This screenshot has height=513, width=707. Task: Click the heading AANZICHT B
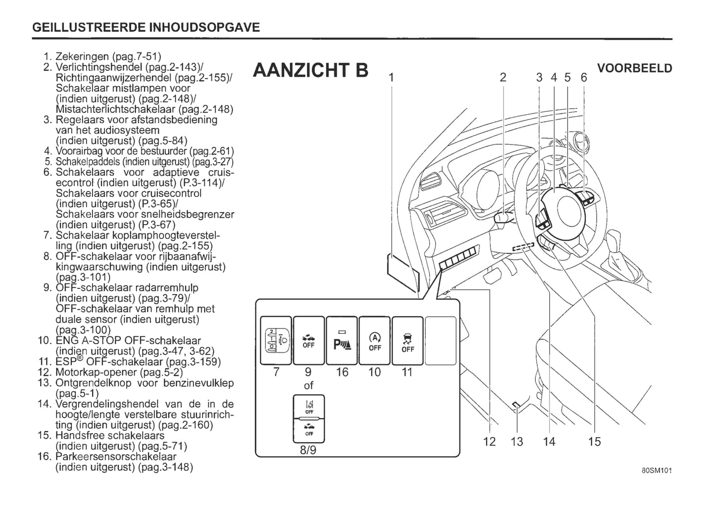[311, 70]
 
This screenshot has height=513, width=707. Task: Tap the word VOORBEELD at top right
[635, 69]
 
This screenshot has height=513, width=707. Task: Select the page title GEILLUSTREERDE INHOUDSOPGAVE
[146, 27]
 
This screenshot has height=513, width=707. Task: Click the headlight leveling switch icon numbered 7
[275, 340]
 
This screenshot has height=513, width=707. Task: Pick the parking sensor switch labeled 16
[342, 340]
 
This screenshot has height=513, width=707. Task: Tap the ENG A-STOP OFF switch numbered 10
[375, 340]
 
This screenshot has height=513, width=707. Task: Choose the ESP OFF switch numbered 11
[408, 340]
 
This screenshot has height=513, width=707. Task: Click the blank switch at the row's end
[440, 340]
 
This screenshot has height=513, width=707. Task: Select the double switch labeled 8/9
[309, 419]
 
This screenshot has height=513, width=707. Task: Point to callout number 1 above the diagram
[391, 77]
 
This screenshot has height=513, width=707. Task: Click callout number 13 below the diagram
[517, 442]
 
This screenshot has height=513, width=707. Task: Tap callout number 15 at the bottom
[594, 442]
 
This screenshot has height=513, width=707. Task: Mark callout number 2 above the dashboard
[503, 77]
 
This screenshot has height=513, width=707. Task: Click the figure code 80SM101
[657, 471]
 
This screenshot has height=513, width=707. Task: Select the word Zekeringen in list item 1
[82, 57]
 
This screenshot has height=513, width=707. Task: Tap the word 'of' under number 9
[308, 385]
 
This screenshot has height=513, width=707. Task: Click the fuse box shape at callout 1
[402, 271]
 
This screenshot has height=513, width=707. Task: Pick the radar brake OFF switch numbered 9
[309, 340]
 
